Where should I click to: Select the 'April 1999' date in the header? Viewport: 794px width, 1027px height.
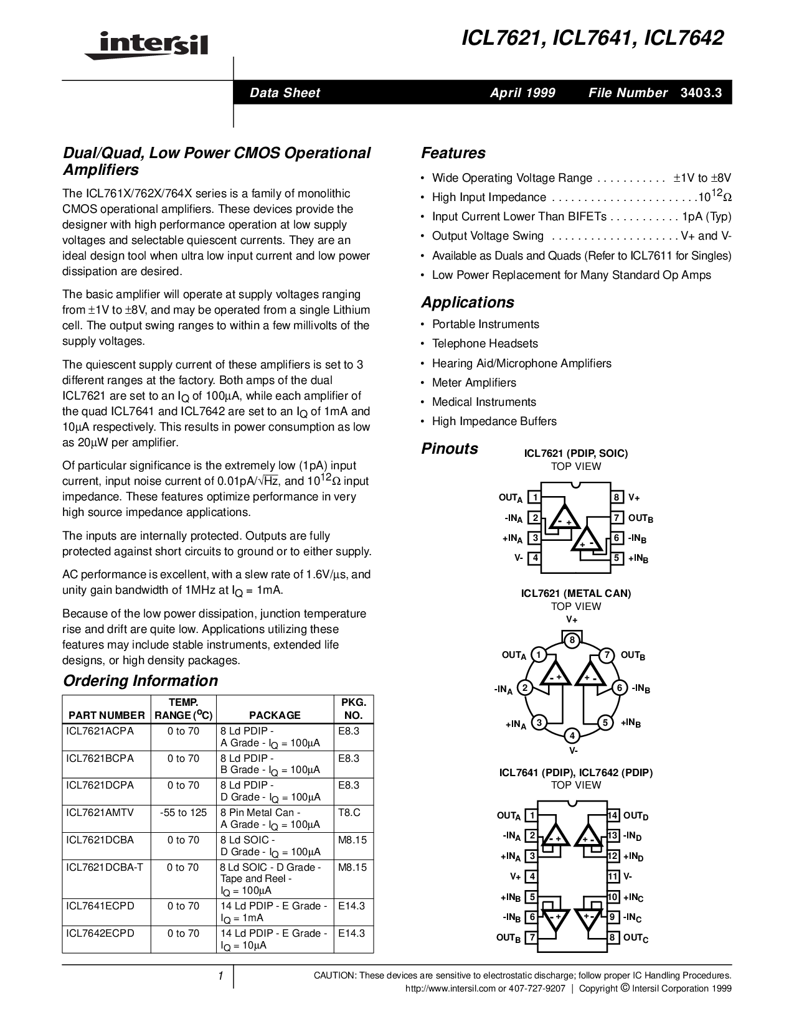tap(522, 93)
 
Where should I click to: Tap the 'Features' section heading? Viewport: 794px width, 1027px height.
tap(453, 153)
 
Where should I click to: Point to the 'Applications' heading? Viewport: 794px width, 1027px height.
tap(467, 302)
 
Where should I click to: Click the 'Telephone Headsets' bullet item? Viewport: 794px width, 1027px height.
tap(484, 344)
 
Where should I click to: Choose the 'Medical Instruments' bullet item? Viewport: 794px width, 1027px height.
tap(484, 402)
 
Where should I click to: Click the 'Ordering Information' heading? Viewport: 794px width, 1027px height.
tap(140, 681)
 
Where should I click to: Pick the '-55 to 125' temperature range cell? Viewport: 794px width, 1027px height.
tap(183, 812)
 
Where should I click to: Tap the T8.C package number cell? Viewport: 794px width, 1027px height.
tap(349, 812)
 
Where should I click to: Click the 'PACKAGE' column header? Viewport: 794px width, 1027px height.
tap(275, 715)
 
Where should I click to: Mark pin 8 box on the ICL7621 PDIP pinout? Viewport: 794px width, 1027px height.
tap(617, 497)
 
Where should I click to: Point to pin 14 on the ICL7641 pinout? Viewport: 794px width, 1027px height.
tap(613, 815)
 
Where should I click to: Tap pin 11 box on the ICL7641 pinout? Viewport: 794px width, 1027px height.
tap(613, 876)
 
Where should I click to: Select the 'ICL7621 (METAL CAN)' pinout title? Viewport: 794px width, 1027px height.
tap(575, 594)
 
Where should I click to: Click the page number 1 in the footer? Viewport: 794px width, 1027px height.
tap(220, 976)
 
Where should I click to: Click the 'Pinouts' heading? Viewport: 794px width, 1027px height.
tap(450, 449)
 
